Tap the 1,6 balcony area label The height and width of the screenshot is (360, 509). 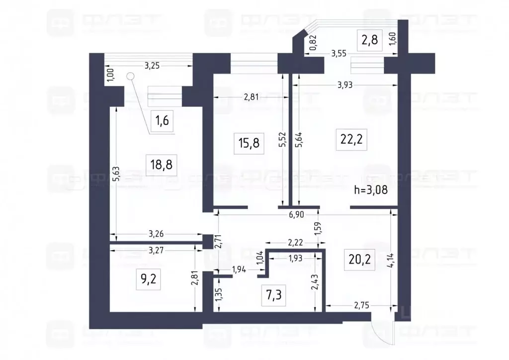162,122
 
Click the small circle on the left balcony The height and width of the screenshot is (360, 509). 131,76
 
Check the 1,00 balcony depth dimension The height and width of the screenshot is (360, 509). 110,75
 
